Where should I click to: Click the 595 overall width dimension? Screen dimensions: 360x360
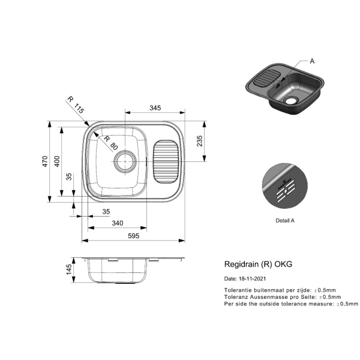[134, 236]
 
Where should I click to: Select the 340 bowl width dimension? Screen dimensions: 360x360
[118, 223]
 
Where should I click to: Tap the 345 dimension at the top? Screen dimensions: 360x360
[155, 107]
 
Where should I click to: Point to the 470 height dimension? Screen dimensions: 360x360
[45, 161]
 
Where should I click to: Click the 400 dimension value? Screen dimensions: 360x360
[57, 161]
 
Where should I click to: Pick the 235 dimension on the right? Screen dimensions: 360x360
[200, 141]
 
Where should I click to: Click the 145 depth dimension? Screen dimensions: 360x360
[68, 269]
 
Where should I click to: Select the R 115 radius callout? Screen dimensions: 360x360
[76, 105]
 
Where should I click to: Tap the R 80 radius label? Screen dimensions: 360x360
[110, 142]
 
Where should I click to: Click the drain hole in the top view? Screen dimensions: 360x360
[125, 161]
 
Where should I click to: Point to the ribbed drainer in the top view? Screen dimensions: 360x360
[166, 161]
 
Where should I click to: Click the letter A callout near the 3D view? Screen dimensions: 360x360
[312, 61]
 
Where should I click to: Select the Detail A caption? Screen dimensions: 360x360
[285, 220]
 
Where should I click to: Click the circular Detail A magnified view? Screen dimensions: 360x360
[285, 186]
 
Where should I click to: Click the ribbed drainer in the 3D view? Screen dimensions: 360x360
[267, 77]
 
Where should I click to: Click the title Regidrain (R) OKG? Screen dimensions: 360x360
[258, 264]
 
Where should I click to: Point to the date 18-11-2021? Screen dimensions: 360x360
[253, 279]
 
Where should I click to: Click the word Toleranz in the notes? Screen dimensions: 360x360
[236, 297]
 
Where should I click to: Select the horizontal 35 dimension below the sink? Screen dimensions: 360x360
[106, 211]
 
